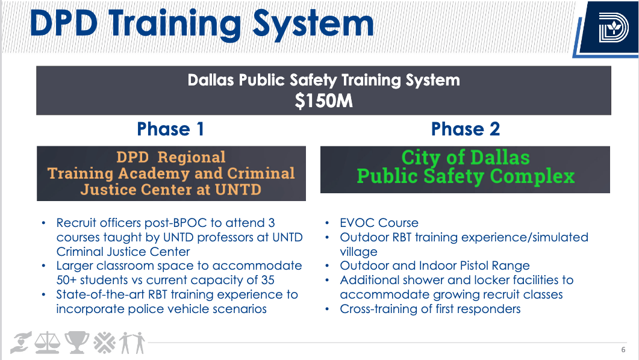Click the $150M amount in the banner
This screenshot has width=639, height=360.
tap(323, 101)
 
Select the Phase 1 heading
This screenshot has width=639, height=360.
tap(170, 129)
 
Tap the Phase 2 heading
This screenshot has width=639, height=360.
tap(466, 129)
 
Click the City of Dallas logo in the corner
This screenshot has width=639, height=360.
tap(614, 28)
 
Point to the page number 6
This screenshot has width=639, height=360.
tap(623, 349)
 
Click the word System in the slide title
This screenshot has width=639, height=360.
tap(313, 24)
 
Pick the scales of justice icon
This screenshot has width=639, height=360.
tap(47, 343)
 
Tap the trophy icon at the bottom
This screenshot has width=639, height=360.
tap(76, 343)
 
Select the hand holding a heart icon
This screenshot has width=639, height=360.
tap(21, 343)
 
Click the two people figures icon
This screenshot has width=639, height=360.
tap(133, 343)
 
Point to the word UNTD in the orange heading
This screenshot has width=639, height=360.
tap(238, 190)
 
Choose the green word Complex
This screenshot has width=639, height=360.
tap(532, 176)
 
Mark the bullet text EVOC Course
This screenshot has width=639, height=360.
tap(379, 223)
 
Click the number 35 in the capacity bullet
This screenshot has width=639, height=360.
tap(268, 280)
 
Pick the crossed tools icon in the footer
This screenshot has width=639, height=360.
tap(105, 343)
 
